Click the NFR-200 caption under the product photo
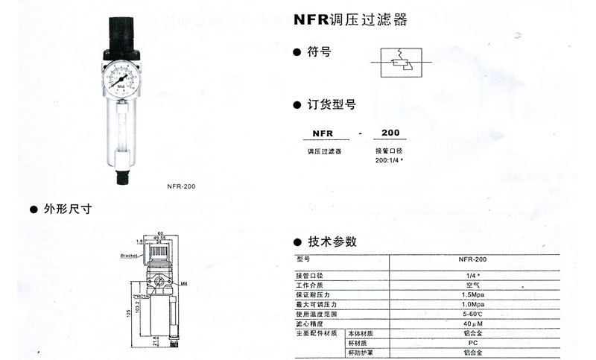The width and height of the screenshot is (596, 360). pyautogui.click(x=180, y=186)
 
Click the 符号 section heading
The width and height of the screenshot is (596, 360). pyautogui.click(x=319, y=53)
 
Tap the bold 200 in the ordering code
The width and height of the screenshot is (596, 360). pyautogui.click(x=390, y=133)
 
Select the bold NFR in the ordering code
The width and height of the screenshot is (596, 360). pyautogui.click(x=321, y=133)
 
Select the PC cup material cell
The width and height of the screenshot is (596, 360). pyautogui.click(x=472, y=343)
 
